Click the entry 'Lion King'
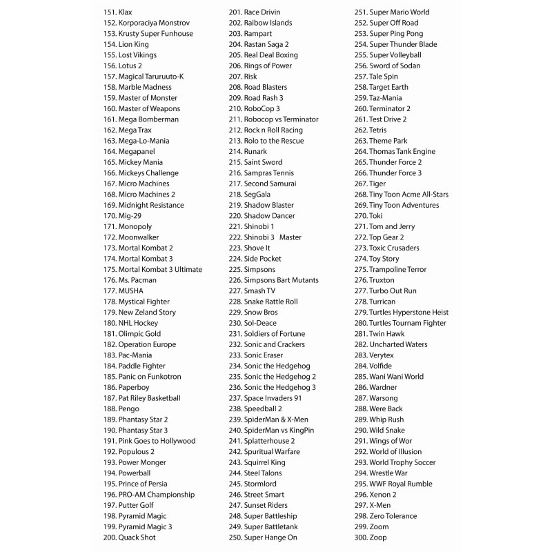tap(133, 44)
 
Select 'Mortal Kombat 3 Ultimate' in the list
tap(160, 269)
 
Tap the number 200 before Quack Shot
tap(110, 537)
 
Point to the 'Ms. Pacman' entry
tap(137, 280)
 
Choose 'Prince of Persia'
tap(143, 484)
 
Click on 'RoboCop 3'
tap(262, 108)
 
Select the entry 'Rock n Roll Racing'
tap(273, 130)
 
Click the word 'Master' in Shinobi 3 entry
tap(290, 237)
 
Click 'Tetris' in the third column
tap(377, 130)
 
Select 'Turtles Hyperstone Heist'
tap(408, 312)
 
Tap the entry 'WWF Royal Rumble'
tap(401, 484)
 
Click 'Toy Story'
tap(384, 259)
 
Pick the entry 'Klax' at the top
tap(125, 12)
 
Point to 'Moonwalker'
tap(140, 237)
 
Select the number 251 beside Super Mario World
tap(360, 12)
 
